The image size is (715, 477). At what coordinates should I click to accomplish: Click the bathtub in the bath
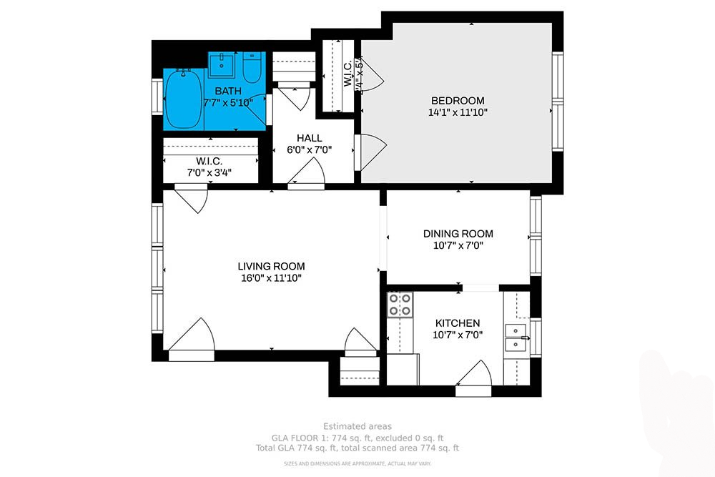(x=184, y=99)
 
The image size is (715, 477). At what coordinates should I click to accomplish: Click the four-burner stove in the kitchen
(x=399, y=305)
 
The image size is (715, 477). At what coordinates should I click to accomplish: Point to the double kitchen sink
(x=516, y=338)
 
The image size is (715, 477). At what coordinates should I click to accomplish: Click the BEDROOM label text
(x=458, y=100)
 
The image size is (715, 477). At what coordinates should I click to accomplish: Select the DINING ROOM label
(x=458, y=234)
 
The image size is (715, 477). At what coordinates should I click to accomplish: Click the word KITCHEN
(x=456, y=323)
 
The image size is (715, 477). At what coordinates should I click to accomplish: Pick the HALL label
(x=309, y=138)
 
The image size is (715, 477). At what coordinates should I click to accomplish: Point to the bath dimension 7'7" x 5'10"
(x=228, y=103)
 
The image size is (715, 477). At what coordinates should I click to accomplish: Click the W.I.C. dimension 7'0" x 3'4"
(x=209, y=172)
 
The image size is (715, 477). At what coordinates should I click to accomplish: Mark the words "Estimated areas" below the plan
(x=357, y=427)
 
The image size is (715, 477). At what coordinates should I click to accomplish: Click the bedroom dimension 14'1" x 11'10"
(x=458, y=112)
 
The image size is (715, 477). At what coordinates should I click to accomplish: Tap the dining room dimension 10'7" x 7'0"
(x=458, y=246)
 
